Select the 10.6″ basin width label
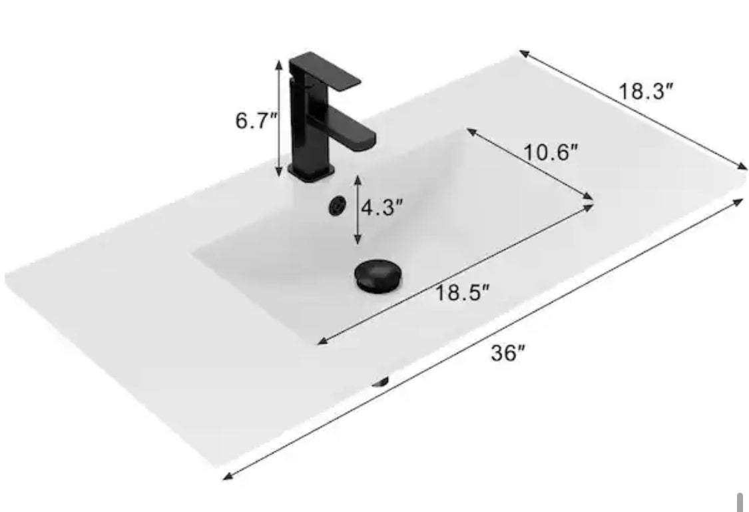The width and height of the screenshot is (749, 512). coord(550,153)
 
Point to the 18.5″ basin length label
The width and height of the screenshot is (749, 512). coord(463,292)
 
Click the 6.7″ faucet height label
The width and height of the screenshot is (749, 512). coord(256,121)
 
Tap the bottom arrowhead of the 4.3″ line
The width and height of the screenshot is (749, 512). coord(358,240)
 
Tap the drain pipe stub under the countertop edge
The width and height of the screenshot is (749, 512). coord(381,382)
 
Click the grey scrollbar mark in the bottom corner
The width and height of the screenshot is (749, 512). coord(738,502)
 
